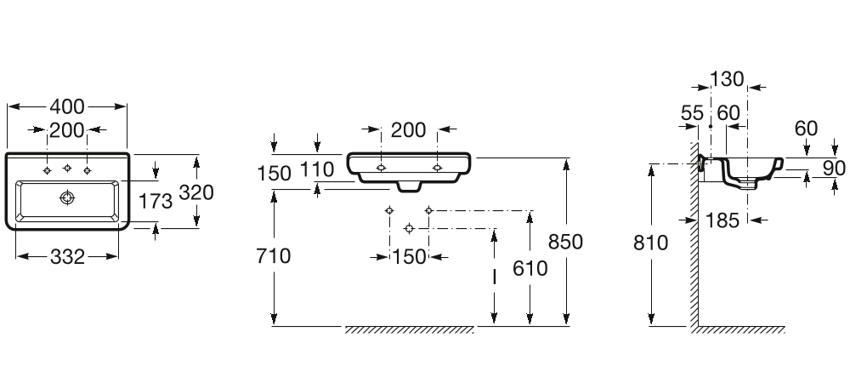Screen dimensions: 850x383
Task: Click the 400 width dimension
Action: point(67,107)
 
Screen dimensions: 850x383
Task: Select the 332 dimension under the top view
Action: point(68,256)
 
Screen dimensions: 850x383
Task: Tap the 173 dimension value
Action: point(156,201)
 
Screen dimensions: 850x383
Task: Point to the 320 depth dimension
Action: point(196,192)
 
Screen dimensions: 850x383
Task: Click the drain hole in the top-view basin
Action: point(66,198)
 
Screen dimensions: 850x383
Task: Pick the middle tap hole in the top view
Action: point(67,169)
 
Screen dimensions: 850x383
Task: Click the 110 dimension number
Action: point(316,170)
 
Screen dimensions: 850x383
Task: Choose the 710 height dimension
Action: point(273,255)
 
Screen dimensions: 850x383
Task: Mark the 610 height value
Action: point(530,268)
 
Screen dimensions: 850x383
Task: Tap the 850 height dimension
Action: point(565,242)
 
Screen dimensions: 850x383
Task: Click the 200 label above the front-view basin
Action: point(408,130)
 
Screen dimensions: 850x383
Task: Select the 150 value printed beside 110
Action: point(274,174)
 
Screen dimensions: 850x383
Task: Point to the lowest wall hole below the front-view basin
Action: point(410,229)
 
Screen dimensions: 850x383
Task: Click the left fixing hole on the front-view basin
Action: point(381,168)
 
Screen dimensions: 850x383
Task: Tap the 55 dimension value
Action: point(692,113)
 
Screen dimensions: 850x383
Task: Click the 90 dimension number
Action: point(834,169)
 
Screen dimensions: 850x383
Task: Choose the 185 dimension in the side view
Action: point(722,220)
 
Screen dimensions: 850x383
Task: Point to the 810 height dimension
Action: point(651,243)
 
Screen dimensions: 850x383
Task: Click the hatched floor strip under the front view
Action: point(410,329)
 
